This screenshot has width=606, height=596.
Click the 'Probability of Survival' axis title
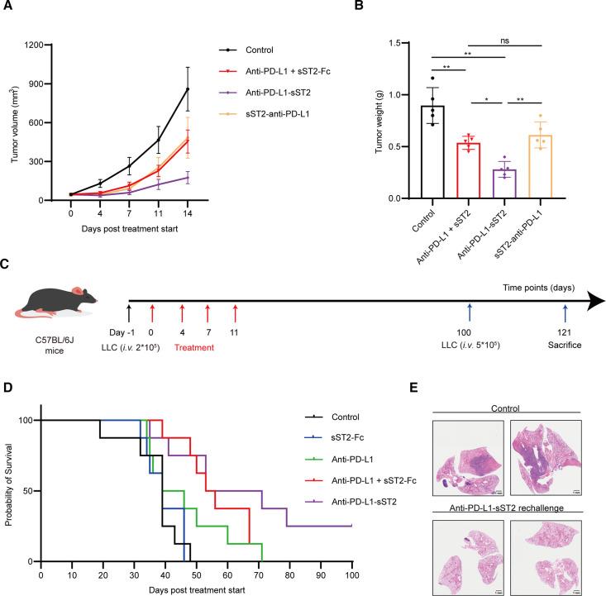coord(9,490)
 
